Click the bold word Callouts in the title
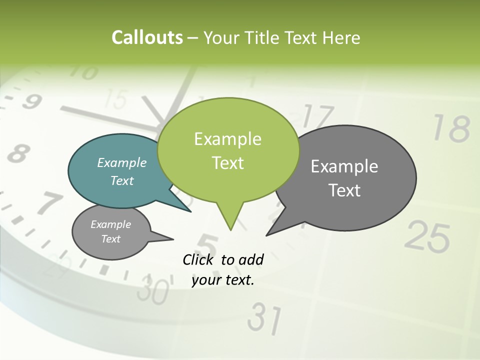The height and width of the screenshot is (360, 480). [147, 38]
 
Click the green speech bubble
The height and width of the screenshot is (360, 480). [228, 150]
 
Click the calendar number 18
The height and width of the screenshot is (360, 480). [451, 128]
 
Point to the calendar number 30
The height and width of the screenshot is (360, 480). [152, 289]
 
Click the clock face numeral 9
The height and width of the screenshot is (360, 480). [31, 102]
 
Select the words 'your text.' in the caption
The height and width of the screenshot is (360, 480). [223, 280]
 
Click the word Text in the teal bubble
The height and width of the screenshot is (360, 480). [122, 180]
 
